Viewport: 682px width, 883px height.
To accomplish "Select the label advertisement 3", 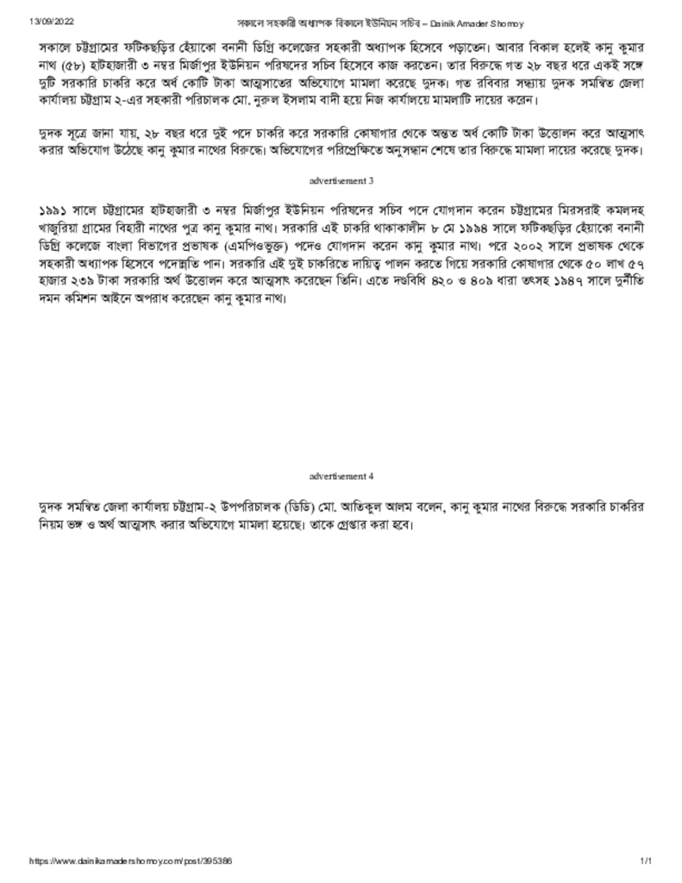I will click(x=341, y=181).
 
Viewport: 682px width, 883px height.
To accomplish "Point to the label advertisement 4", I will click(x=341, y=475).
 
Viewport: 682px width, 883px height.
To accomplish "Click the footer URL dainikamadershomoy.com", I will click(x=129, y=861).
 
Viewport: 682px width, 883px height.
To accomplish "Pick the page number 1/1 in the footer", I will click(x=646, y=861).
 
